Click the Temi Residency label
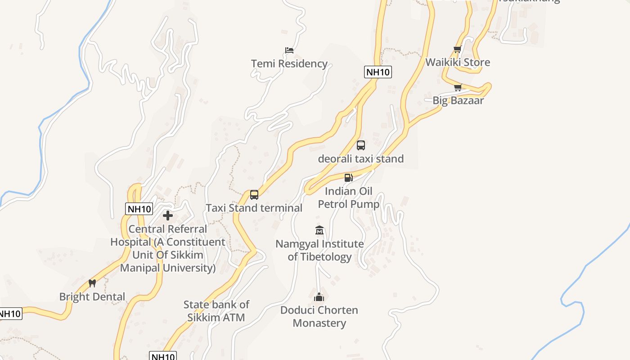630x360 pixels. (289, 64)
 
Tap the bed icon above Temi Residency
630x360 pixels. (289, 50)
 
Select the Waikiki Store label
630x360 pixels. (458, 62)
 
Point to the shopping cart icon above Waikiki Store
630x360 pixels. (458, 49)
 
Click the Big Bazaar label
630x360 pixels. (458, 100)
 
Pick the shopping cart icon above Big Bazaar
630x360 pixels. (458, 87)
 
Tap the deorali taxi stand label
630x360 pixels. (361, 159)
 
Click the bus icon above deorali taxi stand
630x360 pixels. (361, 145)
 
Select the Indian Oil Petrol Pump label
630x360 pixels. (349, 198)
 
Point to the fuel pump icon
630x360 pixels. (348, 177)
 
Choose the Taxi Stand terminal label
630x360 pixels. (254, 208)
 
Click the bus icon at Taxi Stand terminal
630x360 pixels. (254, 195)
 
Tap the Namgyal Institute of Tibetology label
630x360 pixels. (319, 250)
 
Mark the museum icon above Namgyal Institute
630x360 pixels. (319, 230)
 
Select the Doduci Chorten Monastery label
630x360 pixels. (319, 316)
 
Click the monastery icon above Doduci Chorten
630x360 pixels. (319, 297)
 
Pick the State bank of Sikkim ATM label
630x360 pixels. (216, 311)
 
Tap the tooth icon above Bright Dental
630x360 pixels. (92, 283)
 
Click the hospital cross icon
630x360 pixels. (168, 216)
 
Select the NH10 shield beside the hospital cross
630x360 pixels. (139, 209)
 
